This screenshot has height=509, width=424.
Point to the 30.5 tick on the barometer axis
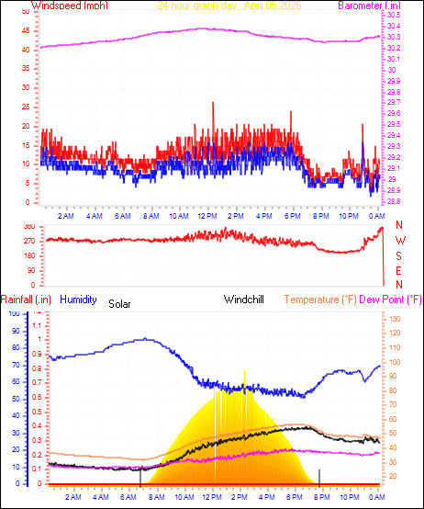(393, 16)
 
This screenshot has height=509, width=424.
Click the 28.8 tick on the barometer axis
(393, 201)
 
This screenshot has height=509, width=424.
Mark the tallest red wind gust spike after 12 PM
(213, 105)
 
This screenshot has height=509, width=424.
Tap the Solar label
(119, 302)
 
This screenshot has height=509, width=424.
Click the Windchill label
(244, 300)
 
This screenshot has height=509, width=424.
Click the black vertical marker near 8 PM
(319, 475)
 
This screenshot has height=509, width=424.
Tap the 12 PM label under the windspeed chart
(206, 216)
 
